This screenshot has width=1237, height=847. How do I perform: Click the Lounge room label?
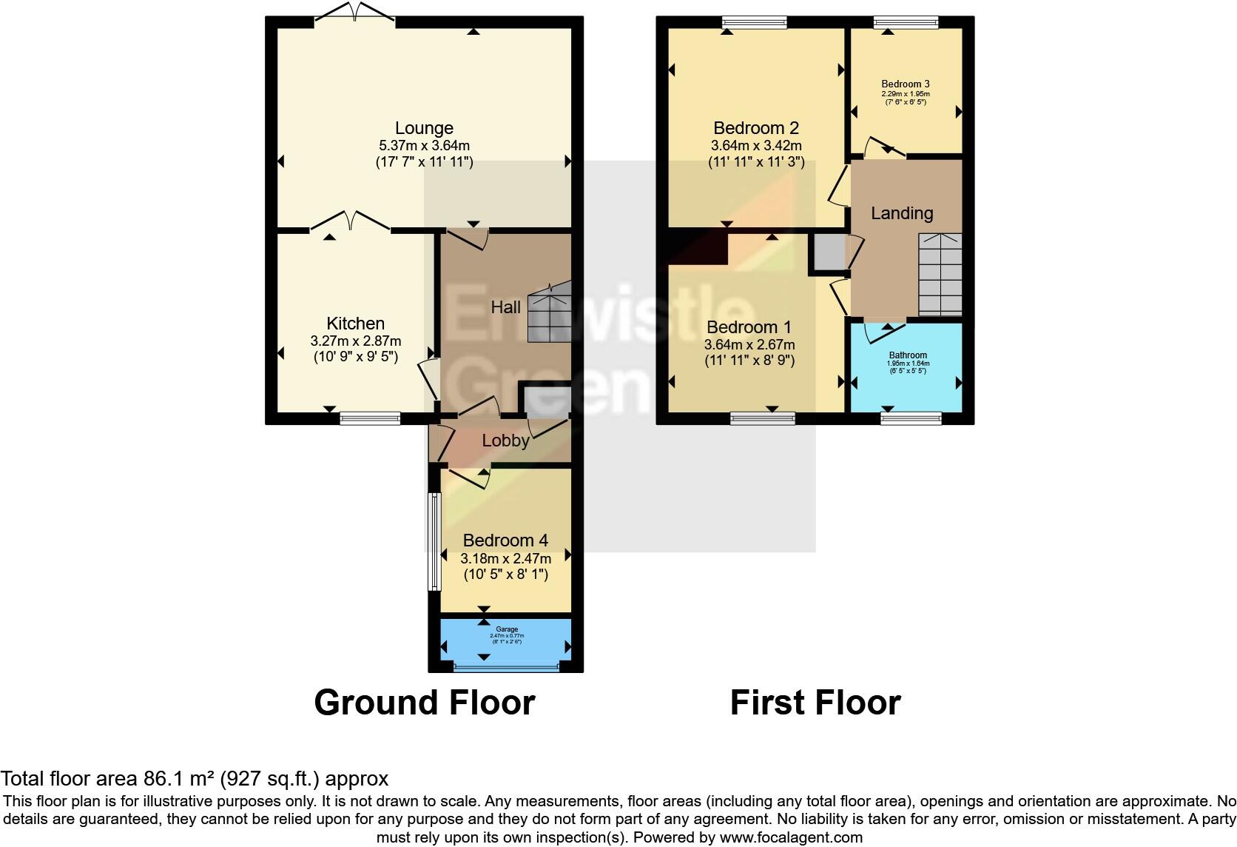point(423,128)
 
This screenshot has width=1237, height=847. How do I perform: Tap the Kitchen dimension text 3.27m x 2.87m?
point(355,341)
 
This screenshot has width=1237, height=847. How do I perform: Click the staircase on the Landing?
point(940,275)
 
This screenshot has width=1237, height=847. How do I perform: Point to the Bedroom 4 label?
point(505,540)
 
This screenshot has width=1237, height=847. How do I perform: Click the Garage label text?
point(507,629)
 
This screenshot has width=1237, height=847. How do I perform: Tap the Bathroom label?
point(908,355)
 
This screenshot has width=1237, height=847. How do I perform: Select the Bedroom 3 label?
point(906,84)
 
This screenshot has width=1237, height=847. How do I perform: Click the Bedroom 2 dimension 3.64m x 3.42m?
point(756,146)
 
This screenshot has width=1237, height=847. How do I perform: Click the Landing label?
point(902,213)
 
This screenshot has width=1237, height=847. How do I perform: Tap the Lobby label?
point(505,441)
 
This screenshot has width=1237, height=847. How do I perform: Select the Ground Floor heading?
point(424,702)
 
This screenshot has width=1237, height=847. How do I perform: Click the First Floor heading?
point(815,702)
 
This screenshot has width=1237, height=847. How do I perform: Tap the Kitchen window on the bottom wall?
point(370,418)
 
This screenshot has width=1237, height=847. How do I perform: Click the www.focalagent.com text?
point(791,837)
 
